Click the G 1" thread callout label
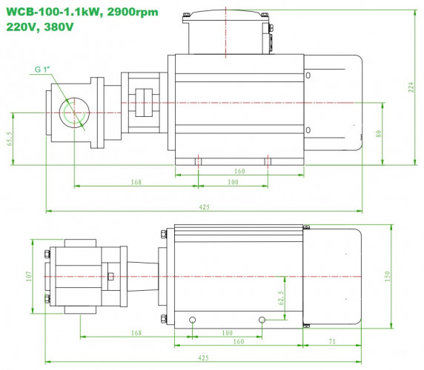coord(44,70)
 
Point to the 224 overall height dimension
coord(411,87)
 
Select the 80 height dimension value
coord(377,134)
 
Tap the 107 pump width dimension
coord(28,275)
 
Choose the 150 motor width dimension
coord(387,275)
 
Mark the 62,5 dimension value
coord(280,297)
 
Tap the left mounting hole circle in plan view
coord(193,320)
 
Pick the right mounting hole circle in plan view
coord(262,320)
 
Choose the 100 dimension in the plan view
coord(228,333)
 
